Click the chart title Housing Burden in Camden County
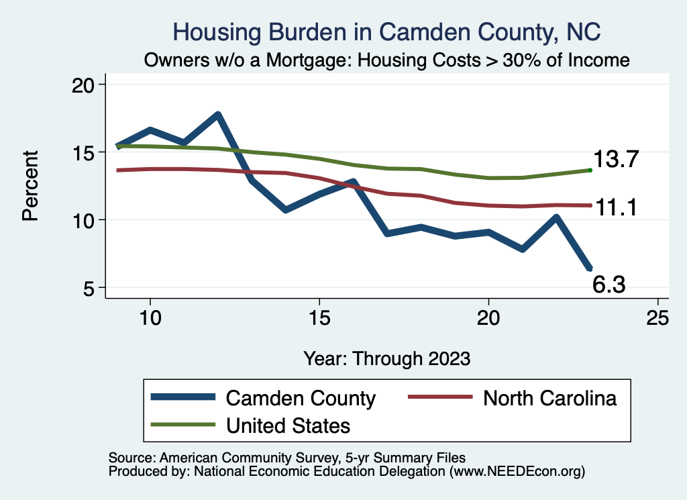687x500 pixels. [386, 32]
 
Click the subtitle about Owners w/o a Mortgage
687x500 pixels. [386, 60]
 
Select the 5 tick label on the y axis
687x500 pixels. [92, 288]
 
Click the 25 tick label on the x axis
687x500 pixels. [657, 317]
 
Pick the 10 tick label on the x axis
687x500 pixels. [150, 317]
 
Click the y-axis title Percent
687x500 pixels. [30, 186]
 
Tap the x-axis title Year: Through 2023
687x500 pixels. [386, 358]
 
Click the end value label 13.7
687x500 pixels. [615, 160]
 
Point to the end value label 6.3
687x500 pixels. [609, 285]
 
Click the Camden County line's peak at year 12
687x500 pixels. [217, 115]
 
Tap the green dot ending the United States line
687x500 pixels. [590, 170]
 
